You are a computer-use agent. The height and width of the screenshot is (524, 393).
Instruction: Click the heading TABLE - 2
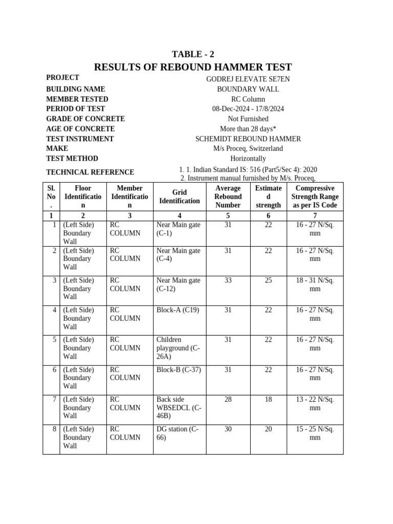[193, 55]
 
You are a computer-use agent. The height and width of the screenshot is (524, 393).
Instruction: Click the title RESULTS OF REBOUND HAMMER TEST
[193, 67]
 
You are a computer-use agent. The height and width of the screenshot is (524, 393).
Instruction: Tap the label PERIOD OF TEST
[76, 109]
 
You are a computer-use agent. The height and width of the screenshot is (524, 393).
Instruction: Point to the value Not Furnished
[248, 119]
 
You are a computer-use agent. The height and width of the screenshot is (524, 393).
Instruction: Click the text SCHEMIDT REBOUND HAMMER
[248, 139]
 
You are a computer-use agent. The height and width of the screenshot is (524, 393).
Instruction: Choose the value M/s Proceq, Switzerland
[248, 148]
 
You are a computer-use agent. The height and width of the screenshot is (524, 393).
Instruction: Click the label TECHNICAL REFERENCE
[90, 172]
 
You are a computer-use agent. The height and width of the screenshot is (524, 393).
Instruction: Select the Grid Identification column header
[179, 196]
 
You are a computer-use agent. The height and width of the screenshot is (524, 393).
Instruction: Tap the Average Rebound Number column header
[228, 196]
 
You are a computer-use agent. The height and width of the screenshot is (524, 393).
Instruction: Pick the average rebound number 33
[228, 280]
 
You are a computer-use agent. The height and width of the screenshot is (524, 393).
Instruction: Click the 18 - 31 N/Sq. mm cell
[315, 285]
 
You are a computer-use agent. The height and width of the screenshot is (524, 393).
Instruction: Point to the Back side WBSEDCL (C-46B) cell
[179, 408]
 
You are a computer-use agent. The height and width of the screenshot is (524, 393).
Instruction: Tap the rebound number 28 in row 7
[228, 400]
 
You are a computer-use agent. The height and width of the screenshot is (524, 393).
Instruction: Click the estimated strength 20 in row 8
[268, 429]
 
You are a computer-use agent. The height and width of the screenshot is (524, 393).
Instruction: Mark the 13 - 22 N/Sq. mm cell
[315, 404]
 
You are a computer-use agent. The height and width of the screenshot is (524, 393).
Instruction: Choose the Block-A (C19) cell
[178, 310]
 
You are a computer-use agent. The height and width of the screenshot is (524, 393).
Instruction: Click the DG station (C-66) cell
[177, 433]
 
